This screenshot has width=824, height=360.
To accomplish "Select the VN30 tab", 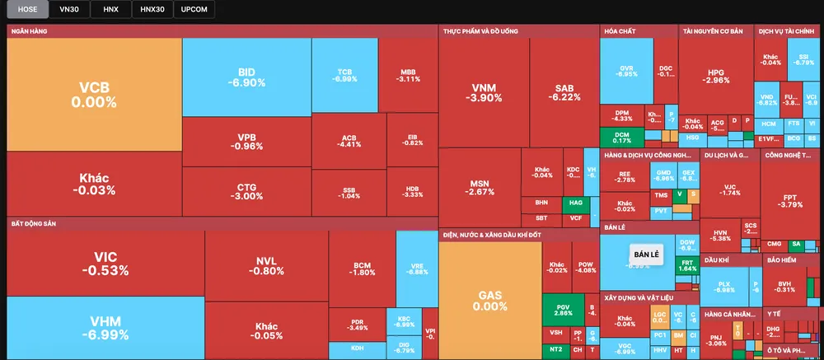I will pos(69,9).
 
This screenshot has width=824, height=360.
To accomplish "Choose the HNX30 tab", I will pos(151,9).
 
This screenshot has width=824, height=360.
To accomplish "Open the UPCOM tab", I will pos(194,9).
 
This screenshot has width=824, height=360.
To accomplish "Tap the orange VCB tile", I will pos(93,94).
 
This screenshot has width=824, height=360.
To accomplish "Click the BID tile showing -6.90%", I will pos(246,77).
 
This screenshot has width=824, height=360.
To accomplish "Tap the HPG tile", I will pos(716,75).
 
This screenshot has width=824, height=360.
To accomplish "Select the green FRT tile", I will pos(686,265).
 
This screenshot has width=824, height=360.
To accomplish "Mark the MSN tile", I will pos(480,187).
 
